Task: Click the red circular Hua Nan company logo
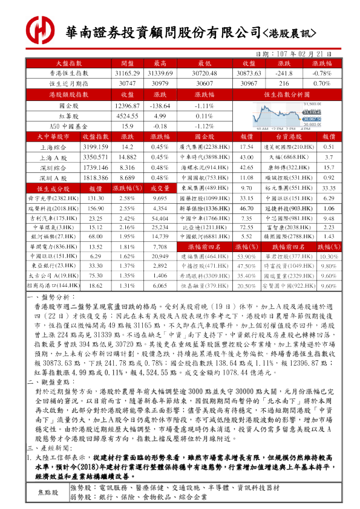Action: coord(39,29)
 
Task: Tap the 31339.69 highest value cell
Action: coord(160,73)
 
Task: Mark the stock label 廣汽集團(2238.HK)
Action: coord(205,147)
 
